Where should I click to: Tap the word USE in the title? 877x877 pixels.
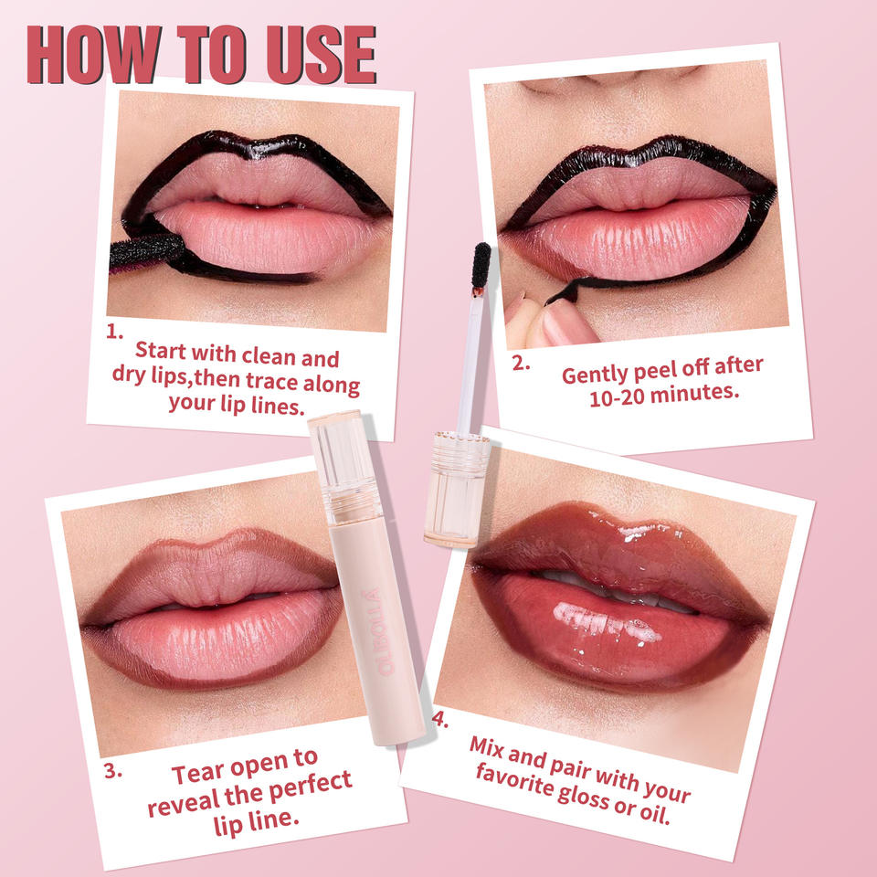pyautogui.click(x=321, y=55)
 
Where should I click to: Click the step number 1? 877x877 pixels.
pyautogui.click(x=114, y=332)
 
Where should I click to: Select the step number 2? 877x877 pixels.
pyautogui.click(x=521, y=364)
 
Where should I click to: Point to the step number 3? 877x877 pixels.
pyautogui.click(x=113, y=771)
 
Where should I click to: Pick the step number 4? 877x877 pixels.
pyautogui.click(x=440, y=719)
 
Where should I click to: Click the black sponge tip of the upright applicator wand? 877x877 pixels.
pyautogui.click(x=481, y=265)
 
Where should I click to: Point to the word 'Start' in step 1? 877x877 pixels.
pyautogui.click(x=161, y=351)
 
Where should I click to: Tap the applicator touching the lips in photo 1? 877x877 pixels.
pyautogui.click(x=146, y=253)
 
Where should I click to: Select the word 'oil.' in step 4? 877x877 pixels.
pyautogui.click(x=655, y=813)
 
